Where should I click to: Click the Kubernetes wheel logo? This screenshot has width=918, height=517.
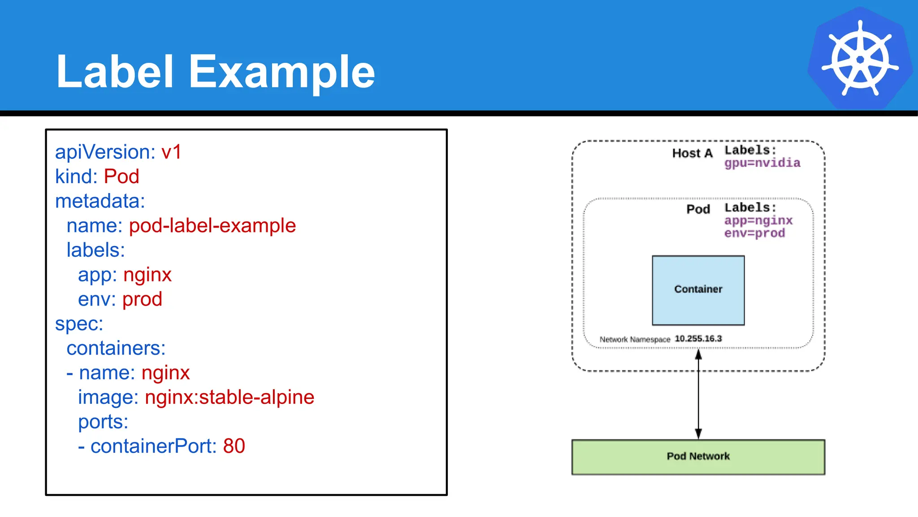click(860, 58)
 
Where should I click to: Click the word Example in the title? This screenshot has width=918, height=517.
click(281, 72)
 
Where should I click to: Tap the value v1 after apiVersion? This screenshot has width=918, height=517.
click(171, 152)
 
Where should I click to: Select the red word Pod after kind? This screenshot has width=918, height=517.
click(121, 176)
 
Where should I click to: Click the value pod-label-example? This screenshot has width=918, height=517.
click(212, 226)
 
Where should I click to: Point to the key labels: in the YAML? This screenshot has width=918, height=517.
click(95, 250)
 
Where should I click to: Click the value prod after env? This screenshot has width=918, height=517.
click(142, 299)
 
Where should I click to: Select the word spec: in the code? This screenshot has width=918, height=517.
click(79, 324)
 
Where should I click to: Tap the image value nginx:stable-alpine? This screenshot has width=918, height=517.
click(229, 397)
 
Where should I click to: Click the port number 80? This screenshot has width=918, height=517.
click(234, 446)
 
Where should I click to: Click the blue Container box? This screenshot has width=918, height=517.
click(698, 290)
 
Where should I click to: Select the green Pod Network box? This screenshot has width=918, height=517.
click(698, 456)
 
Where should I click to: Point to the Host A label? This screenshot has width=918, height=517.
click(692, 153)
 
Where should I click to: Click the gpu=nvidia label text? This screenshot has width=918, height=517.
click(762, 163)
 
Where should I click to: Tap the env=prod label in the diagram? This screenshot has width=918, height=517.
click(754, 233)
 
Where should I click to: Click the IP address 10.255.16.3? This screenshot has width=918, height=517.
click(698, 338)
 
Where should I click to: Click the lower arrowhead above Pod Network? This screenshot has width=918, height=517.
click(698, 433)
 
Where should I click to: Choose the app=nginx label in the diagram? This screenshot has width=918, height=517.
click(758, 220)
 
